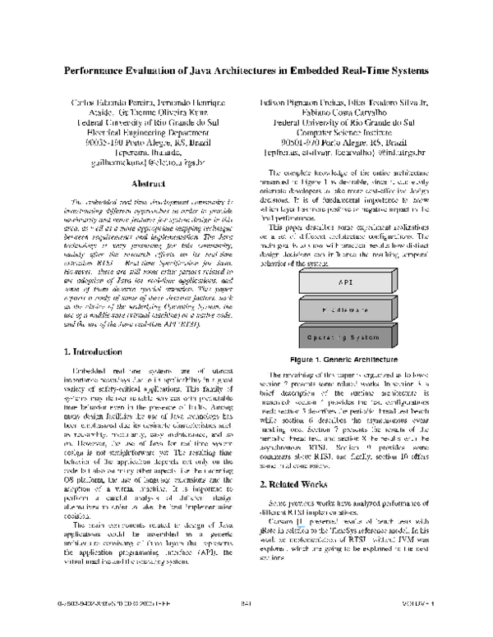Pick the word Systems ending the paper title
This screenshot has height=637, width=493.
point(404,71)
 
